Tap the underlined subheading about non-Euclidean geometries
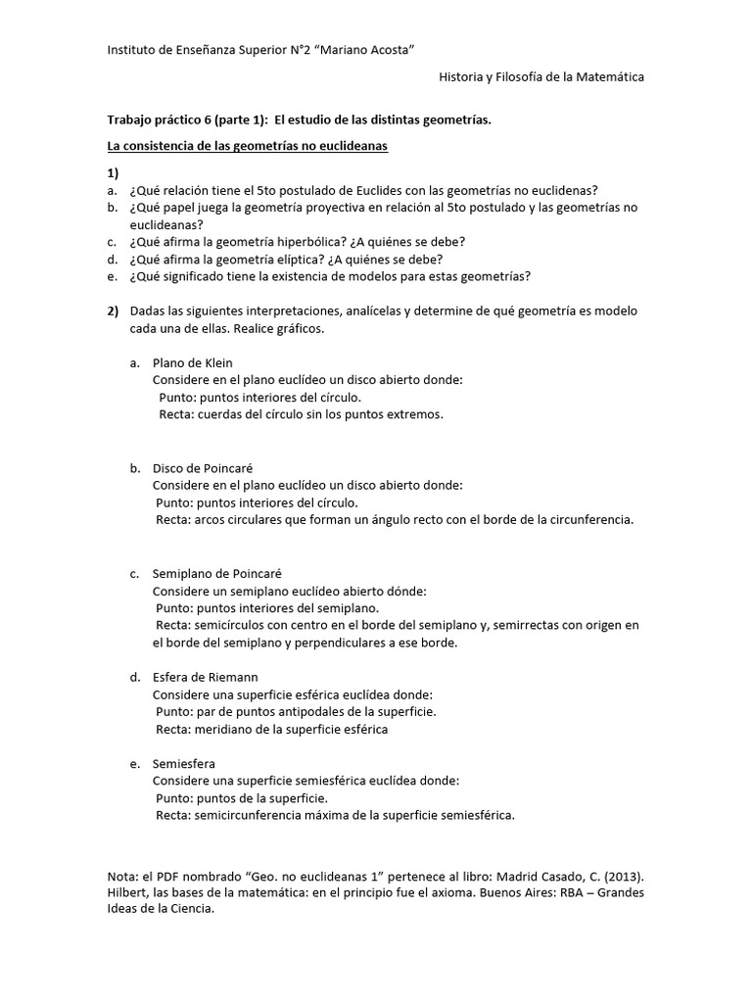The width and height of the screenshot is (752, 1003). tap(247, 146)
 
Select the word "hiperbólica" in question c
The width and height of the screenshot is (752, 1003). tap(299, 242)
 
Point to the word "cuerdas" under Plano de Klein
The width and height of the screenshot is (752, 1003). tap(219, 414)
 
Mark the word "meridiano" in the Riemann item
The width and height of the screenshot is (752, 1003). tap(226, 730)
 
